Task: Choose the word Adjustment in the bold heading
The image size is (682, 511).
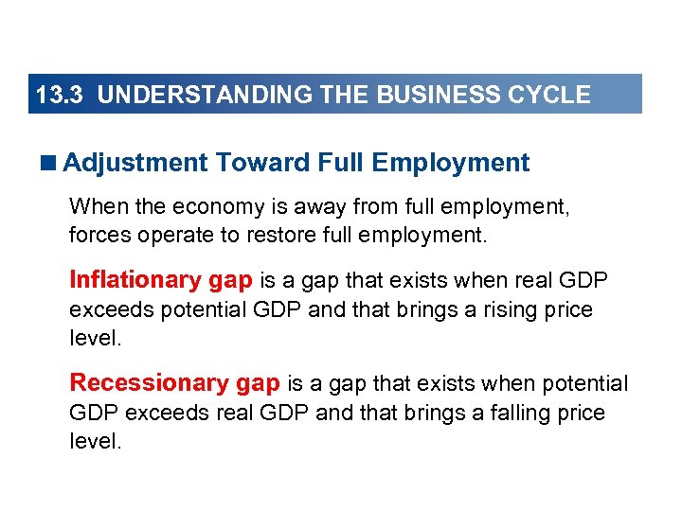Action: pos(135,163)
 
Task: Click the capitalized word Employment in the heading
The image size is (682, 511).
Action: pos(451,163)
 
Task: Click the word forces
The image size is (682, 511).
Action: pos(98,233)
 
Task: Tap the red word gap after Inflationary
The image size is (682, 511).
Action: pos(229,280)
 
